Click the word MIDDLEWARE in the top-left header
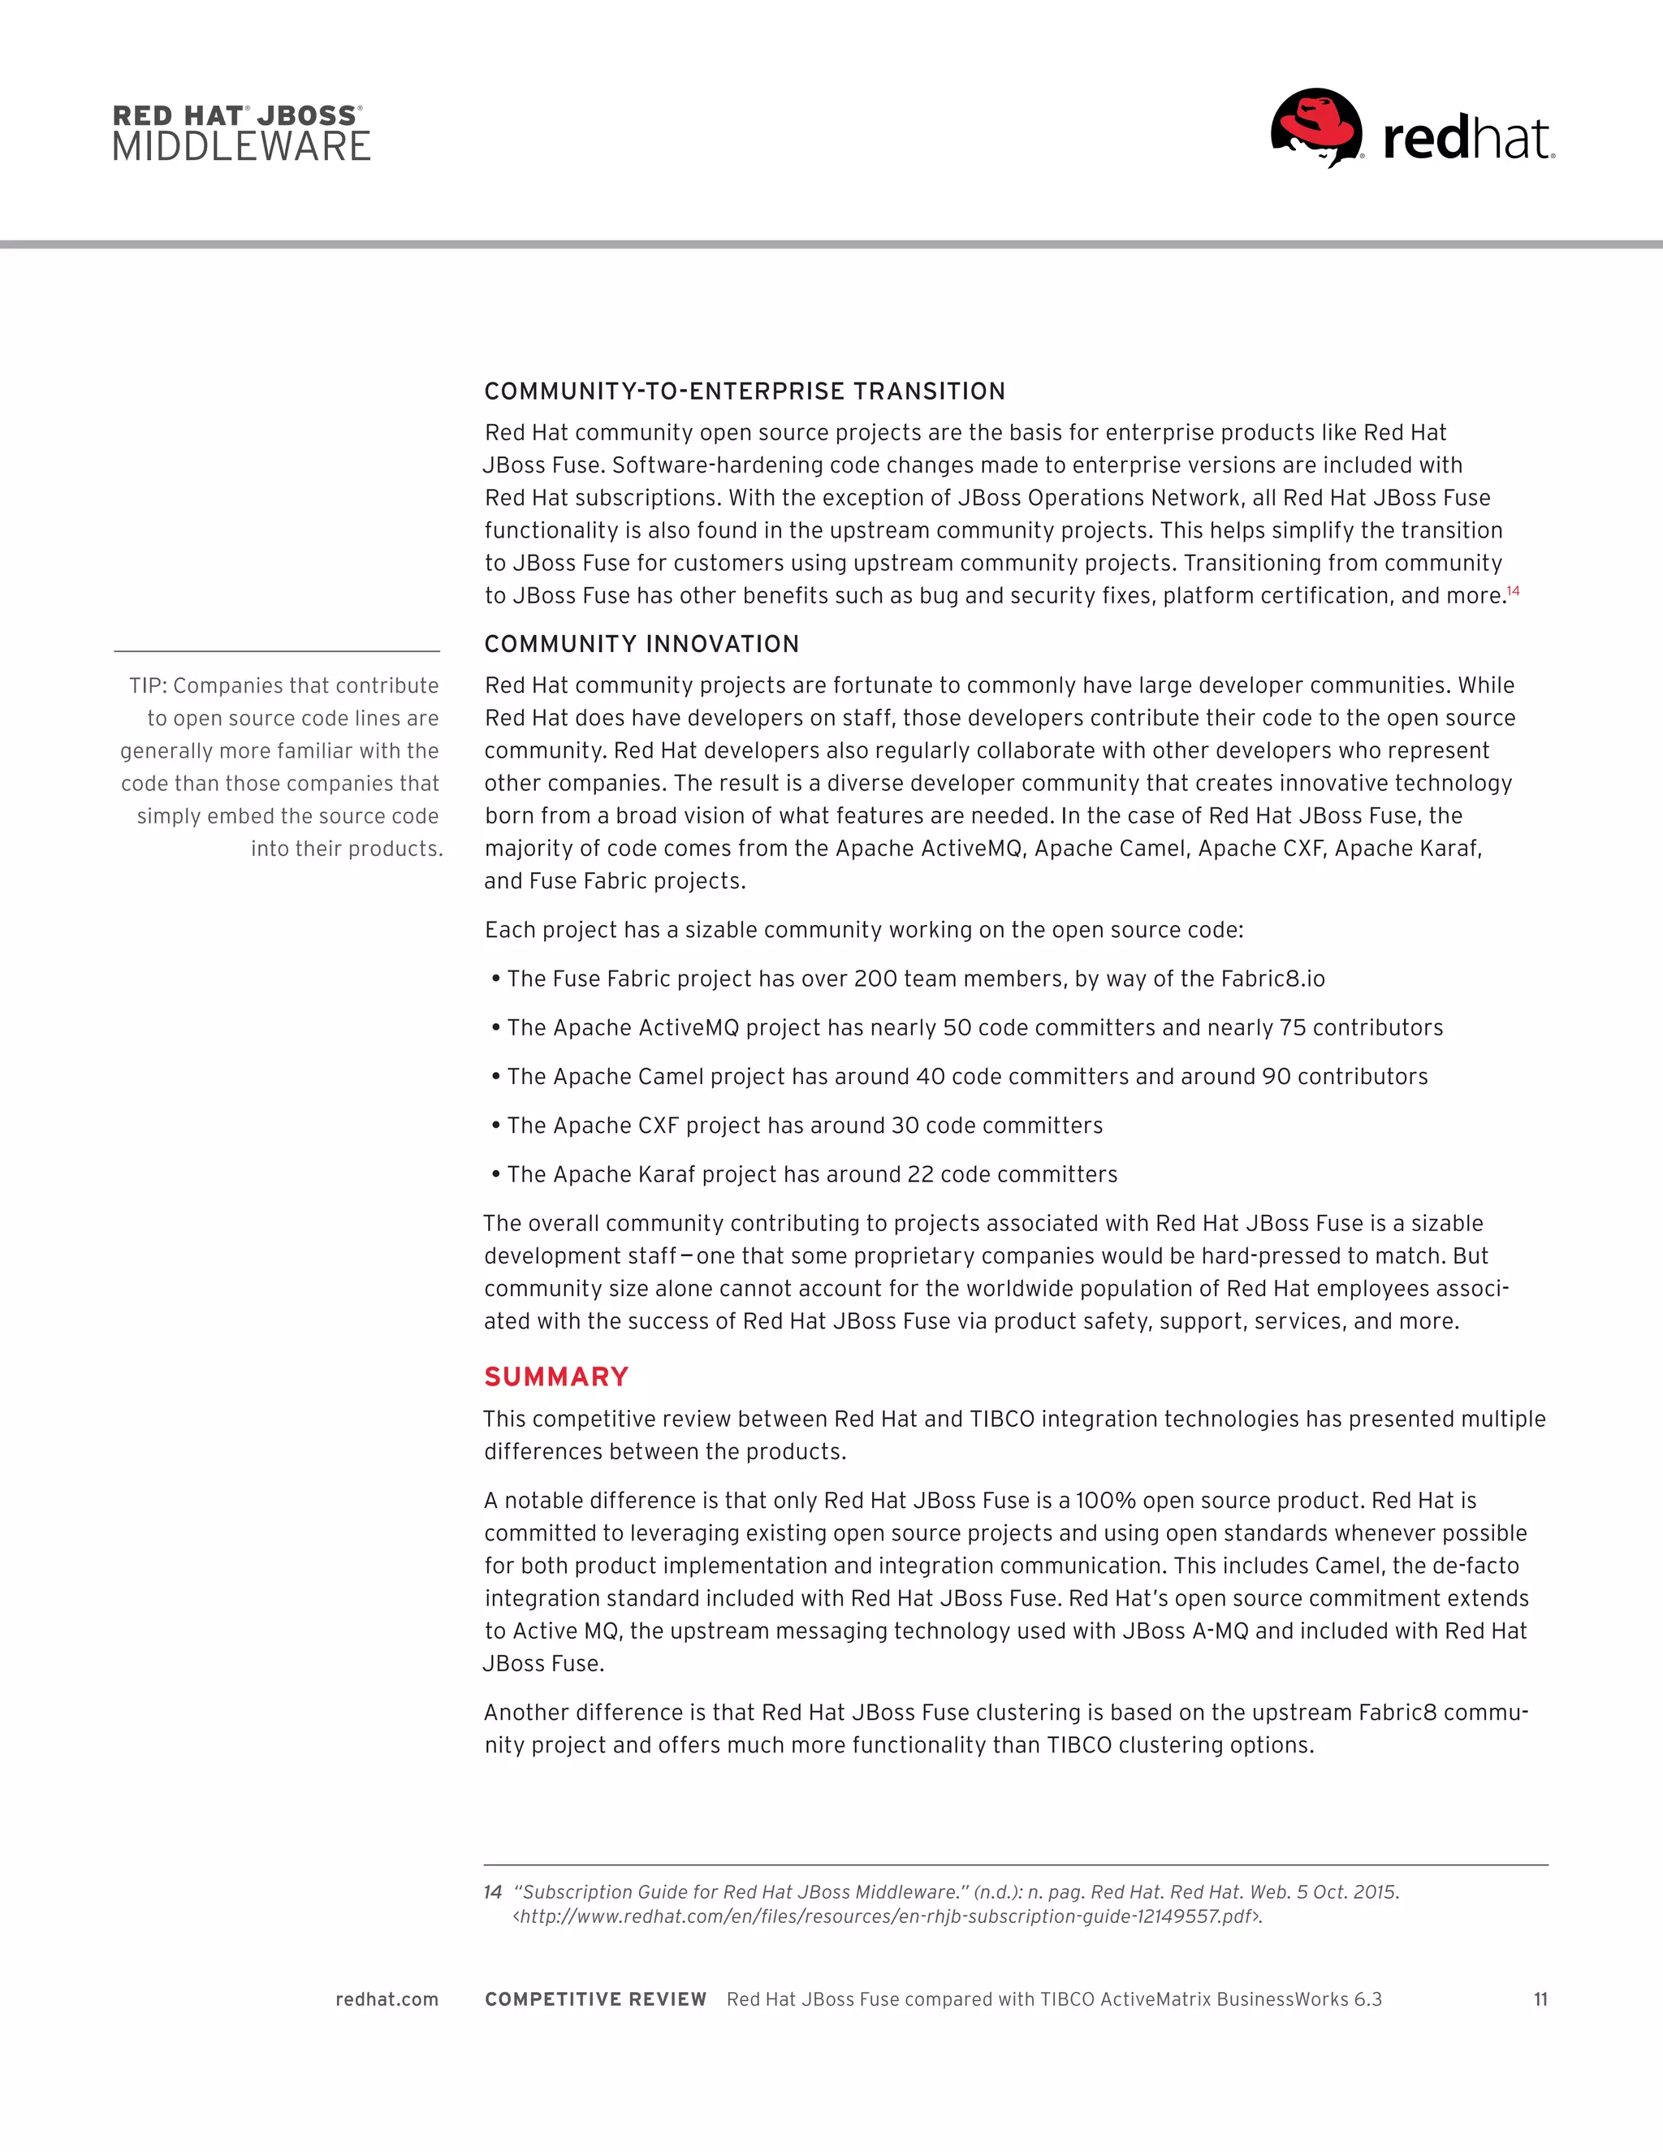(241, 147)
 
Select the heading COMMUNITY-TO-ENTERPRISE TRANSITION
(745, 391)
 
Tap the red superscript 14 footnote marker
(1514, 591)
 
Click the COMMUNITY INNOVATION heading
(641, 643)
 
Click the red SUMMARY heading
(555, 1376)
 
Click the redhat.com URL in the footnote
(887, 1916)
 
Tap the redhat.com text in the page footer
(387, 1999)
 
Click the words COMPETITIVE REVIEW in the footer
(595, 1999)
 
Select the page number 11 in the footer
(1540, 1999)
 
